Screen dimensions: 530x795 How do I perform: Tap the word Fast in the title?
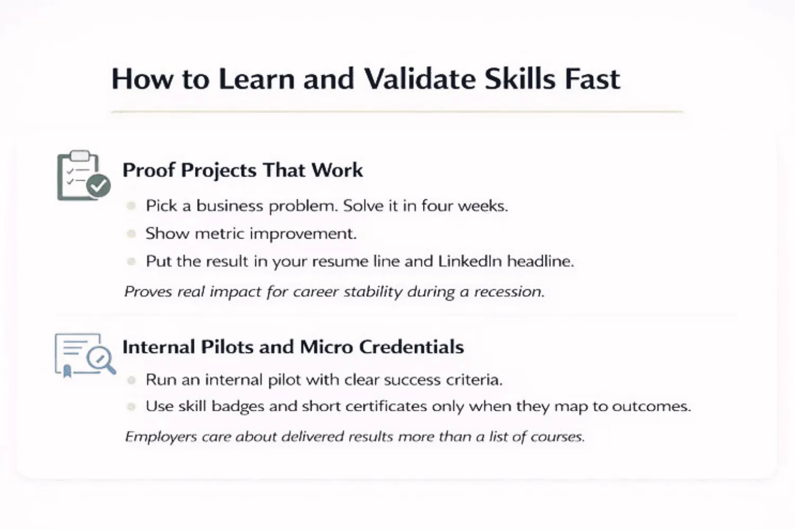point(591,79)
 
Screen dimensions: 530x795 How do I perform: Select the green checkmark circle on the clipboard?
point(99,185)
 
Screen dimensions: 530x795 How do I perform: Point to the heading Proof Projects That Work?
point(243,170)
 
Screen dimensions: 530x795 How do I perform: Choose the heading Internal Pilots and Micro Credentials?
point(293,347)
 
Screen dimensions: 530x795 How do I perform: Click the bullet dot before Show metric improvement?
point(131,233)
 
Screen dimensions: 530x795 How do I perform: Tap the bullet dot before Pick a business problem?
point(131,206)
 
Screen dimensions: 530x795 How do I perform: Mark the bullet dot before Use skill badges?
point(131,407)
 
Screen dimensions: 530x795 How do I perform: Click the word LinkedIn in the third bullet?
point(470,261)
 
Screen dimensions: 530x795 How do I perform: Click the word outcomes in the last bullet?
point(651,407)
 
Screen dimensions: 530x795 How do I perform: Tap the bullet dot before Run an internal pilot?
point(131,380)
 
